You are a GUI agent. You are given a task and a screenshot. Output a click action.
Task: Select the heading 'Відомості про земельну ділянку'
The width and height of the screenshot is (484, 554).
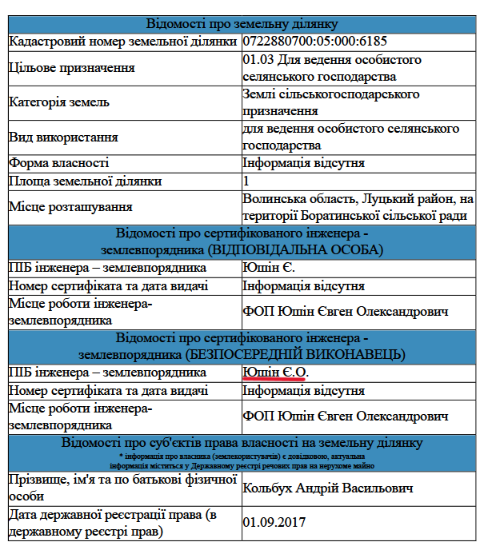242,24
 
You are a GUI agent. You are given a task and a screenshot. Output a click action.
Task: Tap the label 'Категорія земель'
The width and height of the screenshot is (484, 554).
59,102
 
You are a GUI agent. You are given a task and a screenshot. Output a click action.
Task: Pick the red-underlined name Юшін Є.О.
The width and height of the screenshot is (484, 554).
275,373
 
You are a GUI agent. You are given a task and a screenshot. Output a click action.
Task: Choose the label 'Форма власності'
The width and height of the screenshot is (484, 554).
58,163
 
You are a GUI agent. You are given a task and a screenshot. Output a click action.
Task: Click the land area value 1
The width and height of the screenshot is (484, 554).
246,181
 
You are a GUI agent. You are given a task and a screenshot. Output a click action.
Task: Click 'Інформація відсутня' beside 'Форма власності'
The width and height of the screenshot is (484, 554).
304,163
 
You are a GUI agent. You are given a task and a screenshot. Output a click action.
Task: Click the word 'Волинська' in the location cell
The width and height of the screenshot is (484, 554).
274,198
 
